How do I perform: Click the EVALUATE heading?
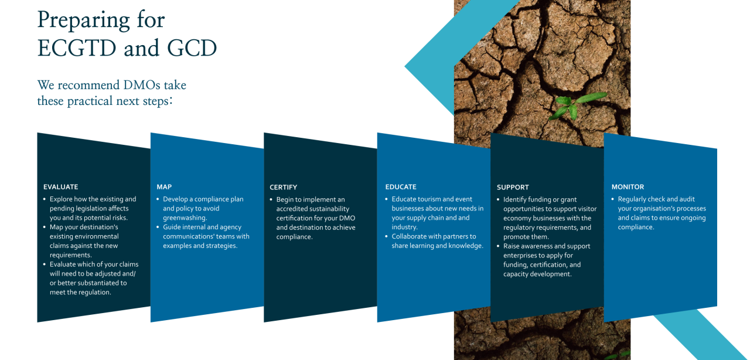tap(60, 187)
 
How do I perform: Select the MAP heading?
tap(164, 187)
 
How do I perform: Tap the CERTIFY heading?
tap(283, 188)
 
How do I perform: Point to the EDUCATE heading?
tap(401, 187)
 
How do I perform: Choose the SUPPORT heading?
tap(513, 188)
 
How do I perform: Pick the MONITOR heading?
tap(628, 187)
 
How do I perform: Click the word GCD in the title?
tap(192, 48)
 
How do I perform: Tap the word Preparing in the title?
tap(83, 21)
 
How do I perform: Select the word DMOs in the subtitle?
tap(142, 85)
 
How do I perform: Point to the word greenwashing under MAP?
tap(185, 218)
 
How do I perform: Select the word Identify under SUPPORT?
tap(514, 200)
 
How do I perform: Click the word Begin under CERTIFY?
tap(285, 199)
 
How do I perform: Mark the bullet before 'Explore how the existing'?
tap(45, 199)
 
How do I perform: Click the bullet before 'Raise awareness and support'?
tap(498, 246)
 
